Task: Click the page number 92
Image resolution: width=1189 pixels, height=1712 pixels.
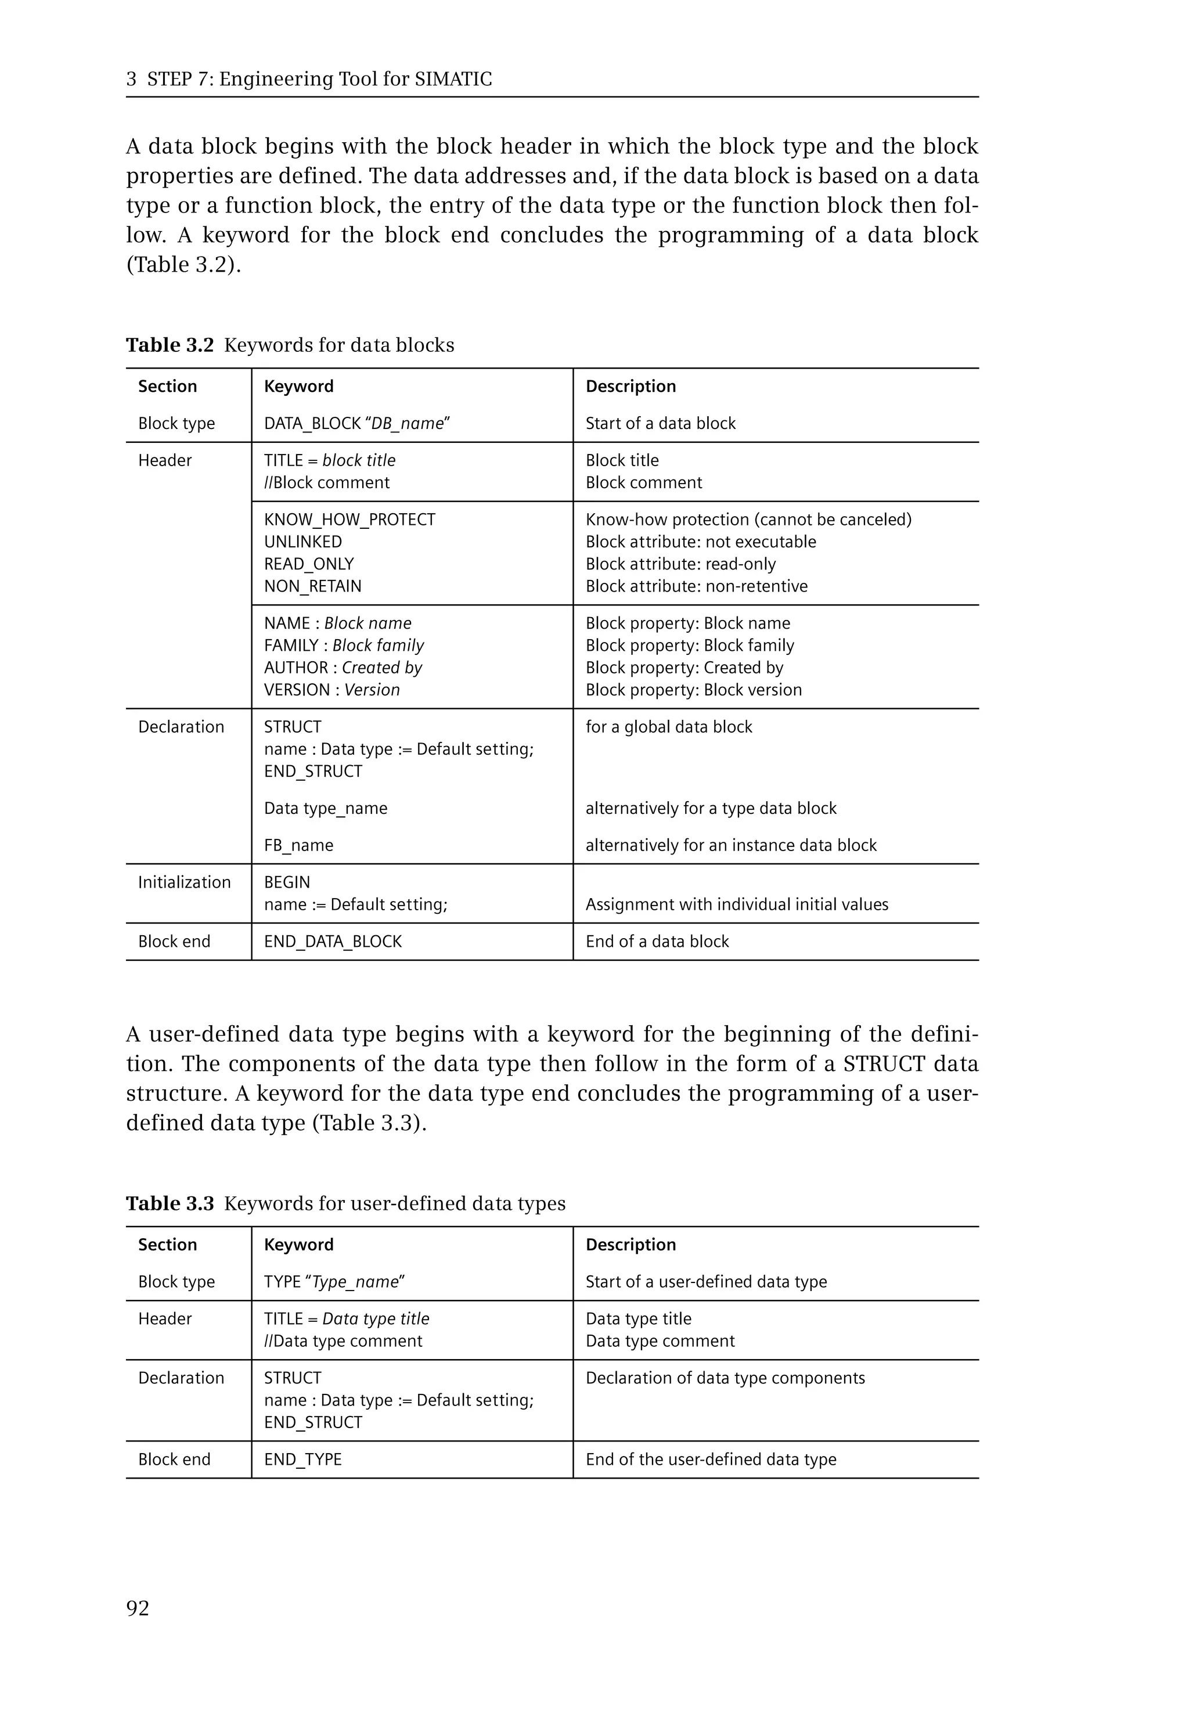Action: point(138,1609)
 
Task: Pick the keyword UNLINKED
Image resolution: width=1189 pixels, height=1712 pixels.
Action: point(302,542)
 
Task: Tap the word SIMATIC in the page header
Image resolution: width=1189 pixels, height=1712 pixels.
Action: point(453,79)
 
